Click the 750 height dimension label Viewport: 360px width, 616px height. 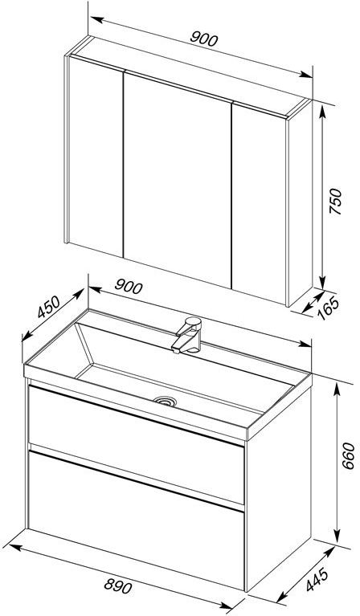pyautogui.click(x=335, y=201)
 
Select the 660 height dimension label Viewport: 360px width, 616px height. pyautogui.click(x=347, y=455)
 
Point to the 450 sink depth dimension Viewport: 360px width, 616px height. pyautogui.click(x=49, y=307)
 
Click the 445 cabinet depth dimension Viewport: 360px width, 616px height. pyautogui.click(x=317, y=579)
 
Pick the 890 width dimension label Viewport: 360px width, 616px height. pyautogui.click(x=118, y=586)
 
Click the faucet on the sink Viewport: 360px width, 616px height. pyautogui.click(x=187, y=335)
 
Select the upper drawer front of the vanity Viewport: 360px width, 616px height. pyautogui.click(x=137, y=444)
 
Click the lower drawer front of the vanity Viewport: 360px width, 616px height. pyautogui.click(x=137, y=520)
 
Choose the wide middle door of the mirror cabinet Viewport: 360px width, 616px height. pyautogui.click(x=178, y=180)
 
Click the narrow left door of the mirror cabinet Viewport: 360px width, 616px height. pyautogui.click(x=96, y=157)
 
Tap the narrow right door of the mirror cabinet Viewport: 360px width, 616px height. pyautogui.click(x=260, y=203)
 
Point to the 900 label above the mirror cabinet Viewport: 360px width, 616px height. pyautogui.click(x=203, y=39)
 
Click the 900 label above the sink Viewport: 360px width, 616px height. pyautogui.click(x=129, y=287)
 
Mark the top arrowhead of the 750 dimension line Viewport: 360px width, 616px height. pyautogui.click(x=322, y=112)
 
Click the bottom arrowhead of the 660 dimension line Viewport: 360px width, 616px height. pyautogui.click(x=337, y=536)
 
